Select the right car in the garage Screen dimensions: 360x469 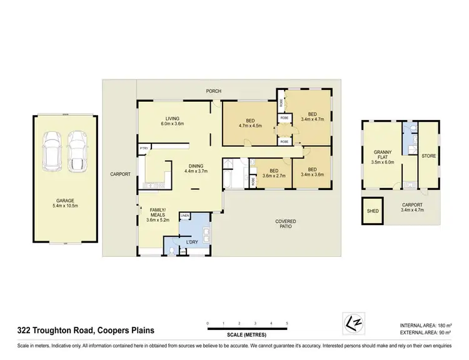(x=77, y=149)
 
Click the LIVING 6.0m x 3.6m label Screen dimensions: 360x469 (x=173, y=122)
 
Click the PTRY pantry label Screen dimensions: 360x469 (x=144, y=148)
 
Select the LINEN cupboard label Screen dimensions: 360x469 (x=185, y=216)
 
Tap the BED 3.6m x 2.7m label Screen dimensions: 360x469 (x=273, y=173)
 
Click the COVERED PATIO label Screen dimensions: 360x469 (x=286, y=224)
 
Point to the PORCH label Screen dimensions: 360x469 (x=216, y=91)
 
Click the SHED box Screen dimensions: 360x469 (x=373, y=211)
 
